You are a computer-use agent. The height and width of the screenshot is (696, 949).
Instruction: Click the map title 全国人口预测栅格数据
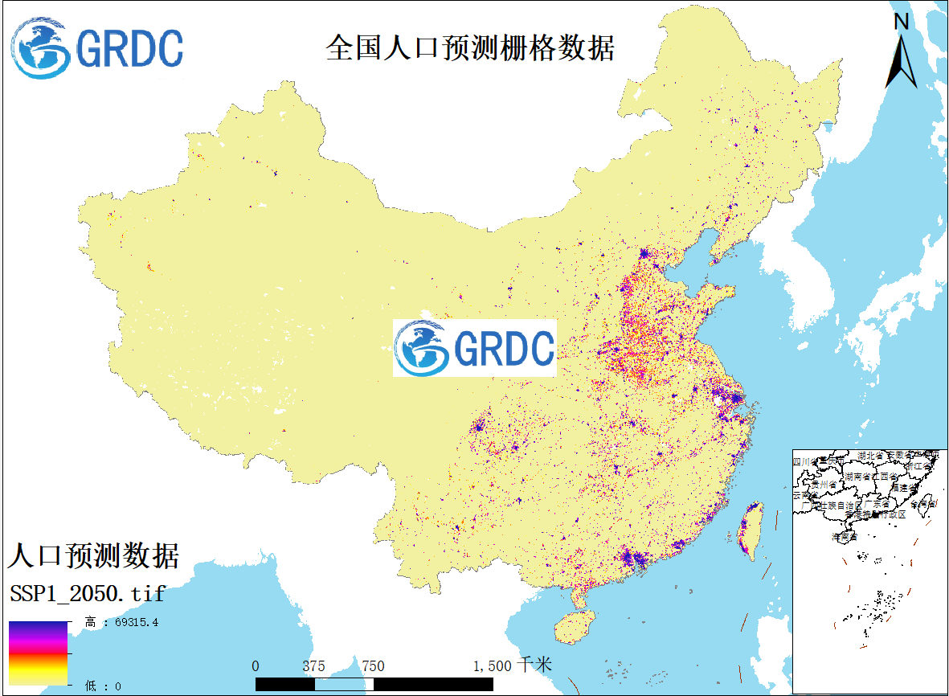pyautogui.click(x=470, y=47)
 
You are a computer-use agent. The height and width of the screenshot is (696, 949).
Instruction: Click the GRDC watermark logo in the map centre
pyautogui.click(x=474, y=348)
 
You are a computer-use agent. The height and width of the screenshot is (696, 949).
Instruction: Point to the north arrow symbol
pyautogui.click(x=902, y=60)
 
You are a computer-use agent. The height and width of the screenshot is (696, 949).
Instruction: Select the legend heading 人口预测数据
pyautogui.click(x=93, y=555)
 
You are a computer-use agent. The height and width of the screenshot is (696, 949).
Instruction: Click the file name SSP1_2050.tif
pyautogui.click(x=88, y=594)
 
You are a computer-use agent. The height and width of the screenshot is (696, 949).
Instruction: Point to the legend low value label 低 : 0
pyautogui.click(x=102, y=686)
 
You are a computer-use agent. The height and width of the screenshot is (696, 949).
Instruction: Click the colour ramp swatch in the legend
pyautogui.click(x=38, y=653)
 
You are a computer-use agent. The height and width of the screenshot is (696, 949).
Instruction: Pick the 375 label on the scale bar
pyautogui.click(x=314, y=665)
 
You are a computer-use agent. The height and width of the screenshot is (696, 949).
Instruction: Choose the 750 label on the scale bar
pyautogui.click(x=373, y=665)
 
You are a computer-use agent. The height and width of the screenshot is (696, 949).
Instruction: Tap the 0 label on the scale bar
pyautogui.click(x=256, y=665)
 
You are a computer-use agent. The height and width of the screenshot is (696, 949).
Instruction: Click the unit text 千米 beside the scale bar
pyautogui.click(x=534, y=665)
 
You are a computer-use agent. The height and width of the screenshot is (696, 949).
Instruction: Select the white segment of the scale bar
pyautogui.click(x=344, y=684)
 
